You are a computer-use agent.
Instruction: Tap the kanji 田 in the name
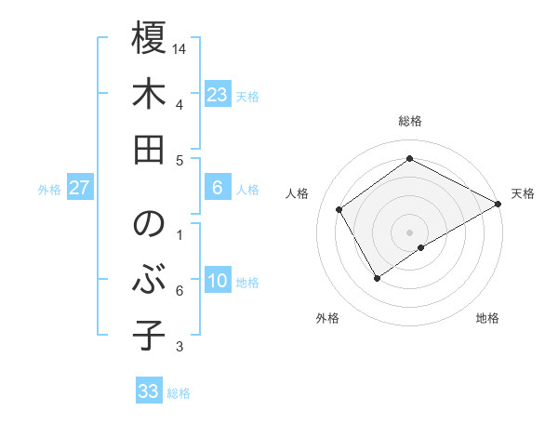(x=149, y=149)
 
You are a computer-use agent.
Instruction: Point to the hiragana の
(x=149, y=224)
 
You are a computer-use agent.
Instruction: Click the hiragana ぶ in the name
(x=149, y=280)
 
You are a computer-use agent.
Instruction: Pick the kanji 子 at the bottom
(x=149, y=336)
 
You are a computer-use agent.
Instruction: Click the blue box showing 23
(x=218, y=95)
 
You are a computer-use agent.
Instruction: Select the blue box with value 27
(x=80, y=188)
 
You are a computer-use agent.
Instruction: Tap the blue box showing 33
(x=149, y=391)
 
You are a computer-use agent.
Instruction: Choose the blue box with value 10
(x=218, y=281)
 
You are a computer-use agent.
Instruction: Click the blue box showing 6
(x=218, y=188)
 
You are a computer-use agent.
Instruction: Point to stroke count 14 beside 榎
(x=180, y=47)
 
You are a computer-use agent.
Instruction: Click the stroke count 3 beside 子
(x=179, y=347)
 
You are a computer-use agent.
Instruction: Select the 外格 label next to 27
(x=49, y=190)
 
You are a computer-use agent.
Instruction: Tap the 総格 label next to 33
(x=179, y=393)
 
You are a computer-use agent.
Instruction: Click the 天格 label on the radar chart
(x=523, y=193)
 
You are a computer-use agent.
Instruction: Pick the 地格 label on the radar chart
(x=487, y=318)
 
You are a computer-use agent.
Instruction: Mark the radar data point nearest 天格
(x=498, y=204)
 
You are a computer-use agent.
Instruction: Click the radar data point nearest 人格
(x=339, y=209)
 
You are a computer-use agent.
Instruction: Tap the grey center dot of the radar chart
(x=409, y=231)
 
